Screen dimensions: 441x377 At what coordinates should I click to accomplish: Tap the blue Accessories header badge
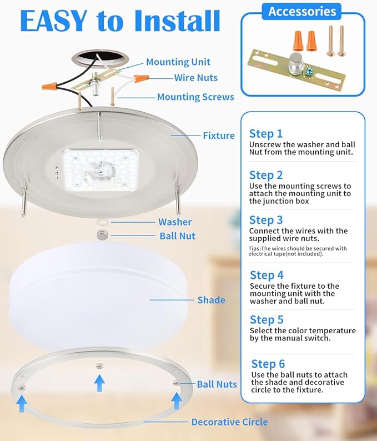(302, 11)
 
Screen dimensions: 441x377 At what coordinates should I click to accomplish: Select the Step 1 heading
(266, 133)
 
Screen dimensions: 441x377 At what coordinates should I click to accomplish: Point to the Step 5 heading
(267, 319)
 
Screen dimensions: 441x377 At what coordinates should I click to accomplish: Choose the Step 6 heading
(268, 364)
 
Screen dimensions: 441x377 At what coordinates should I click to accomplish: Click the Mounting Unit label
(178, 62)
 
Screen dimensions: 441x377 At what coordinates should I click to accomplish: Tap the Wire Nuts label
(195, 78)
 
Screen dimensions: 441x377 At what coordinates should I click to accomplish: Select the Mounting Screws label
(195, 97)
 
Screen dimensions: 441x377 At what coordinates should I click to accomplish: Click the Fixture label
(218, 135)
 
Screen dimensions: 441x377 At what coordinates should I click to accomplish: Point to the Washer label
(175, 222)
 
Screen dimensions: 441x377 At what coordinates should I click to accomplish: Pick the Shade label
(211, 300)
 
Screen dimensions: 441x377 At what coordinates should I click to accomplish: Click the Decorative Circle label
(229, 422)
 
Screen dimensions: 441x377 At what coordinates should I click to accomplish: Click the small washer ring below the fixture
(102, 222)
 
